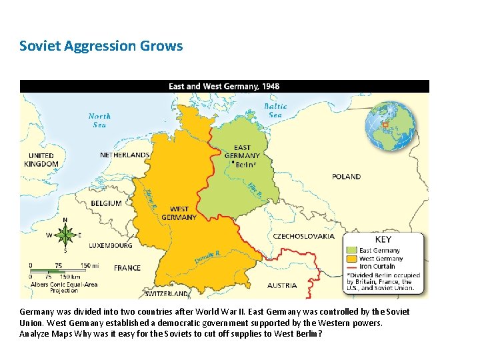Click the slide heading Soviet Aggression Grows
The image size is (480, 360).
[x=101, y=46]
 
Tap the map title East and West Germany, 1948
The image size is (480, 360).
[x=224, y=86]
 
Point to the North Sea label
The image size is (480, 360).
[x=99, y=120]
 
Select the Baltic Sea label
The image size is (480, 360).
[x=275, y=110]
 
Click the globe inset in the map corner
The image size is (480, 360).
[x=390, y=125]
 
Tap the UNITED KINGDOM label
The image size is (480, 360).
[x=41, y=160]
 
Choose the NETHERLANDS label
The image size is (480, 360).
[x=125, y=155]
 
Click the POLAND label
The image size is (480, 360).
[x=346, y=177]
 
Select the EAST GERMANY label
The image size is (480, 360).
[x=242, y=152]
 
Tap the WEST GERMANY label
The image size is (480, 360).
[x=179, y=213]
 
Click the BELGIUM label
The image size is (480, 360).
[x=106, y=203]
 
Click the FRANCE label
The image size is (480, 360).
[x=127, y=267]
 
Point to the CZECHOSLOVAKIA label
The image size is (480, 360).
[x=303, y=236]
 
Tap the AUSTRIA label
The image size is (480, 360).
[x=282, y=285]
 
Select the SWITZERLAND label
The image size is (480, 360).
[x=167, y=293]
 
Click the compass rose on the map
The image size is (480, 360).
[x=65, y=235]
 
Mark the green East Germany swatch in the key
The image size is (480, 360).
[x=351, y=251]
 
